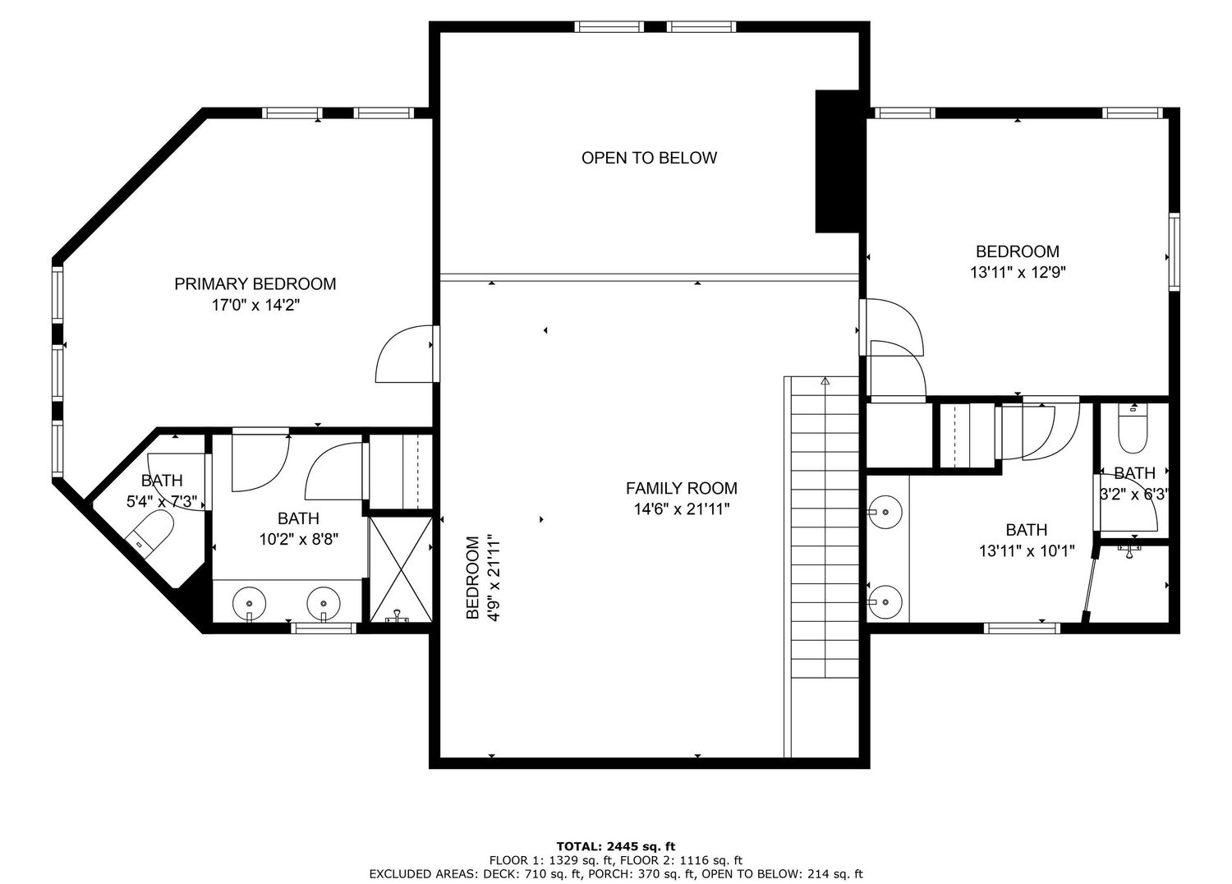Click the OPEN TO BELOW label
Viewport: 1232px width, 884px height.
tap(649, 158)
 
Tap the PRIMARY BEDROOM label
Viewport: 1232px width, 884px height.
tap(255, 283)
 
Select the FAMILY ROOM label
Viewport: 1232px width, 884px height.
tap(682, 488)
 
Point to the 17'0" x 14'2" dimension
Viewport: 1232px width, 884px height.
tap(255, 305)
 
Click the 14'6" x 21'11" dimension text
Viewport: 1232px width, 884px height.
tap(682, 509)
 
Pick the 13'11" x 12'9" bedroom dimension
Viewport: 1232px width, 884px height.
tap(1018, 272)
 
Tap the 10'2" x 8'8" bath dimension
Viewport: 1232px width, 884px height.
tap(299, 539)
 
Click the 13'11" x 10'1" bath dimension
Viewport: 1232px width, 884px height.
tap(1027, 550)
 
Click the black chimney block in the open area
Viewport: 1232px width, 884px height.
tap(837, 161)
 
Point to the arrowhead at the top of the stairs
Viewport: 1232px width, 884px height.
tap(825, 380)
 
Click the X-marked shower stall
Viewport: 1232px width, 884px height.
tap(401, 569)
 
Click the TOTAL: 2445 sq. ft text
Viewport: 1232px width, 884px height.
tap(615, 846)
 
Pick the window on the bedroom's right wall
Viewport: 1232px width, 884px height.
tap(1175, 251)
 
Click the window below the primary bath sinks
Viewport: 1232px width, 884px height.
tap(324, 628)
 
